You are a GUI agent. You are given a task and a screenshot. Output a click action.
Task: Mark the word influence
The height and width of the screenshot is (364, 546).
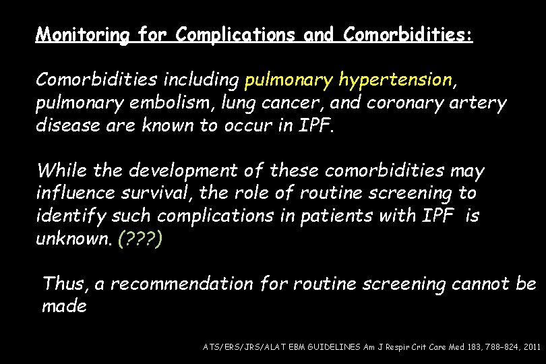click(76, 194)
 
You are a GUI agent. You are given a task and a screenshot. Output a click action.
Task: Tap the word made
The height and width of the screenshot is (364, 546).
click(64, 307)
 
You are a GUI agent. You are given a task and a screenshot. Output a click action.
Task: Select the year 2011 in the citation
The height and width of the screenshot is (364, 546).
click(530, 346)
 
